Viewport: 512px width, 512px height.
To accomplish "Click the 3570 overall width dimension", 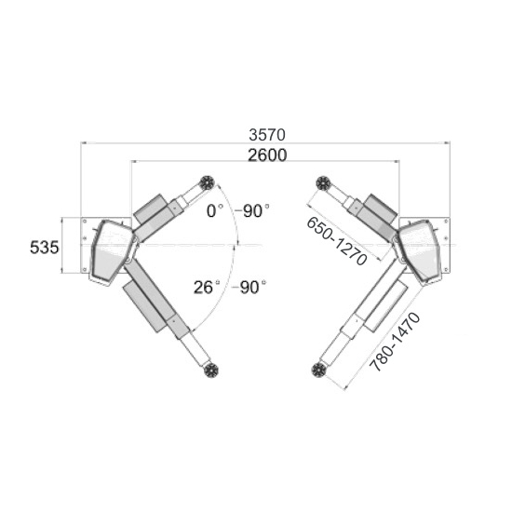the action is pyautogui.click(x=267, y=135).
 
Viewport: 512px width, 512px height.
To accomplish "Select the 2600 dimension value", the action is pyautogui.click(x=267, y=155).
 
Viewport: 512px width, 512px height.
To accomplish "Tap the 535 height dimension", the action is pyautogui.click(x=45, y=248).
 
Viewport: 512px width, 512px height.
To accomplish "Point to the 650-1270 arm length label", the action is pyautogui.click(x=337, y=241).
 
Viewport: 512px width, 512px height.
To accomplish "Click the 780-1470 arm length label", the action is pyautogui.click(x=395, y=342).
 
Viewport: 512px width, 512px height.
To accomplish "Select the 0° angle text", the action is pyautogui.click(x=215, y=211).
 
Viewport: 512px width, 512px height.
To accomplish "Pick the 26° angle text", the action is pyautogui.click(x=207, y=288).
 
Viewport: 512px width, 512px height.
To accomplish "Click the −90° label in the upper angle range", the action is pyautogui.click(x=252, y=211).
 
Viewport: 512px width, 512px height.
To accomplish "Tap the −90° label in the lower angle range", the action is pyautogui.click(x=249, y=288).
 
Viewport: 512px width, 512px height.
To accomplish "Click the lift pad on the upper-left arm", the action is pyautogui.click(x=207, y=182).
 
